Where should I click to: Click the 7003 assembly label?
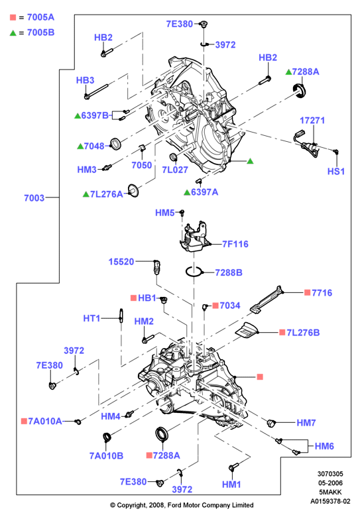pyautogui.click(x=34, y=198)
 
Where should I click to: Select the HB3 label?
pyautogui.click(x=85, y=80)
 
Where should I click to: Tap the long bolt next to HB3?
pyautogui.click(x=96, y=91)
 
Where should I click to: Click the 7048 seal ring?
pyautogui.click(x=115, y=144)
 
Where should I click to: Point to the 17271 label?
pyautogui.click(x=312, y=121)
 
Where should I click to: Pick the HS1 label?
pyautogui.click(x=336, y=172)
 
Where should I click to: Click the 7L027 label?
pyautogui.click(x=175, y=170)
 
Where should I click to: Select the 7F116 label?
pyautogui.click(x=235, y=245)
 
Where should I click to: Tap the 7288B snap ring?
pyautogui.click(x=194, y=272)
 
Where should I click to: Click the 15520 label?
pyautogui.click(x=121, y=262)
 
